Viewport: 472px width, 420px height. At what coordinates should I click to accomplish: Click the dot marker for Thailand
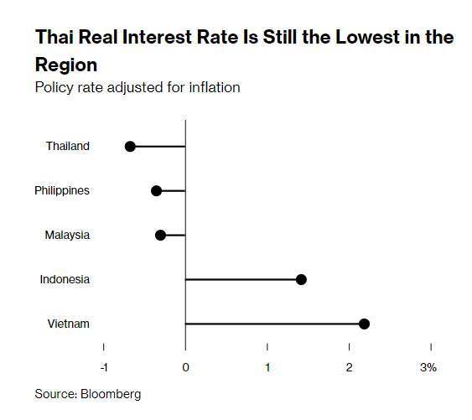point(130,146)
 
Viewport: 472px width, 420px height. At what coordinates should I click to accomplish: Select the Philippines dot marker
point(156,190)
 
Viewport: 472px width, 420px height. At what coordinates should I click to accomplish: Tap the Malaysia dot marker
point(161,235)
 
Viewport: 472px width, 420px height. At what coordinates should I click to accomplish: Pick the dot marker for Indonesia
point(301,279)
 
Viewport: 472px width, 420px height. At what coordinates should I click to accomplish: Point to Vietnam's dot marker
point(364,324)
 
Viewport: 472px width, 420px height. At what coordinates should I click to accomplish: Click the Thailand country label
point(67,146)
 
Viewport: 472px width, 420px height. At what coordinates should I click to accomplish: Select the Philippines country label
point(62,190)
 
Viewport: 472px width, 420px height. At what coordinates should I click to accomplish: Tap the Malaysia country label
point(67,235)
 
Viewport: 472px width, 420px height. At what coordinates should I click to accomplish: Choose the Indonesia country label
point(65,279)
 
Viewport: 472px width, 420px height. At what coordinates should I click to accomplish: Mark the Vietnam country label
point(69,324)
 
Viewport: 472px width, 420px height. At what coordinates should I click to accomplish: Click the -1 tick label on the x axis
point(103,367)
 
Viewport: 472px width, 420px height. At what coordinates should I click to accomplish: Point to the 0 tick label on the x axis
point(185,367)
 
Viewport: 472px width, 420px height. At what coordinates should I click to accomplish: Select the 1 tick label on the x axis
point(267,367)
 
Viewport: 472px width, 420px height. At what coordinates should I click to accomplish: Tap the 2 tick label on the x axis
point(350,367)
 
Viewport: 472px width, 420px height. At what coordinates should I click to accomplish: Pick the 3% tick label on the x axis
point(428,367)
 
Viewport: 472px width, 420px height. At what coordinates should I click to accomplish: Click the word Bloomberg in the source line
point(111,393)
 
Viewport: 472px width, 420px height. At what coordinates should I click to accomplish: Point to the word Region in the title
point(66,65)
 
